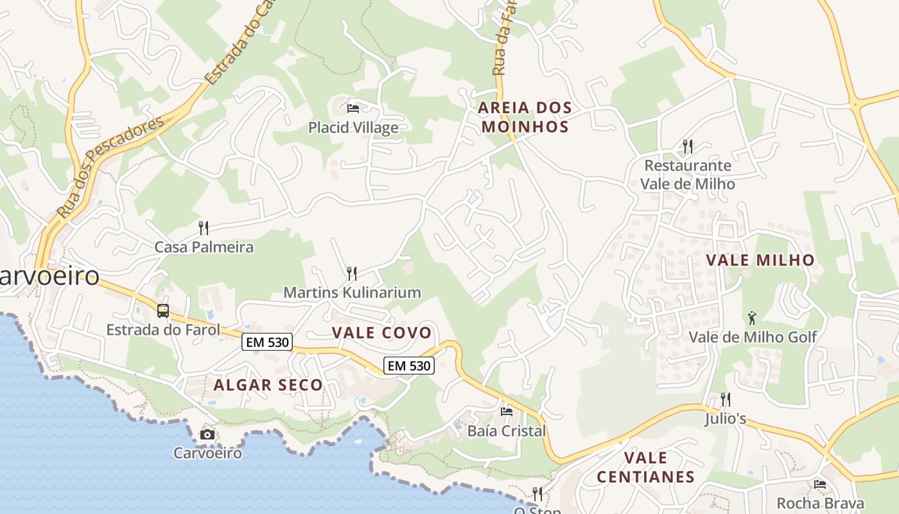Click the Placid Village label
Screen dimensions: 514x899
[x=353, y=127]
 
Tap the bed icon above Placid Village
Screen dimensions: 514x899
[x=353, y=108]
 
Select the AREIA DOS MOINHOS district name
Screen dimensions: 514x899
[x=525, y=117]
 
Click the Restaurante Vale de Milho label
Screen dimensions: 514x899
[x=688, y=174]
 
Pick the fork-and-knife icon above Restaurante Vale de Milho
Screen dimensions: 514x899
[x=688, y=146]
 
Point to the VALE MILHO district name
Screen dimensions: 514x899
[x=760, y=260]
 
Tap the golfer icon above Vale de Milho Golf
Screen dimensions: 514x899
[x=752, y=317]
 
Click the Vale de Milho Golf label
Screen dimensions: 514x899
[x=753, y=337]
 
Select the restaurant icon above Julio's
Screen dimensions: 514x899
[x=725, y=400]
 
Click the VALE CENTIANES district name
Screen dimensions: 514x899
[x=645, y=467]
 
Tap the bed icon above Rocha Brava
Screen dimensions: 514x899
[x=820, y=484]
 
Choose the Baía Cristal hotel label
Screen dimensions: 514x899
[x=506, y=430]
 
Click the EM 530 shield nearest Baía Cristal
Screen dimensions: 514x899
[x=409, y=366]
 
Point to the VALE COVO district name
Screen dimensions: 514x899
[x=381, y=332]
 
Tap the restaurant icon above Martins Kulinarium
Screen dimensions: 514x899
[x=351, y=274]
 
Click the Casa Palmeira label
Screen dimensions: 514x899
[x=204, y=247]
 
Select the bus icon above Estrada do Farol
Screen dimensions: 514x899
[x=163, y=311]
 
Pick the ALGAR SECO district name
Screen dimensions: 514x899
[x=268, y=385]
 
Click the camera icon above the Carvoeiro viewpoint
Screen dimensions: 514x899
[x=207, y=434]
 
